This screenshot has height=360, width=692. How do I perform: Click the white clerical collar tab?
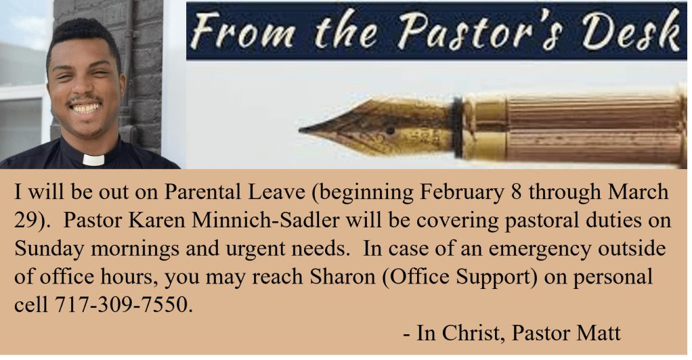(x=93, y=160)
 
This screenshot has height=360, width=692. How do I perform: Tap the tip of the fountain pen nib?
(x=300, y=130)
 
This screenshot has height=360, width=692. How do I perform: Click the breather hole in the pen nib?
(x=389, y=130)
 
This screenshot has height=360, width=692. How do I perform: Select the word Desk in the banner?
(x=630, y=30)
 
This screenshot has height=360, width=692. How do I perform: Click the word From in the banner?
(x=242, y=30)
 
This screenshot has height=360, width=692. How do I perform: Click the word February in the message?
(x=462, y=192)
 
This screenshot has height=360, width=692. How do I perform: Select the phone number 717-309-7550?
(x=123, y=305)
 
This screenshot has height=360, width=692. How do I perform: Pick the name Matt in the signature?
(x=598, y=333)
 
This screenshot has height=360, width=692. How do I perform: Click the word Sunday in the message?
(x=49, y=249)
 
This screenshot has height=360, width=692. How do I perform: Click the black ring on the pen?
(x=458, y=127)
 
